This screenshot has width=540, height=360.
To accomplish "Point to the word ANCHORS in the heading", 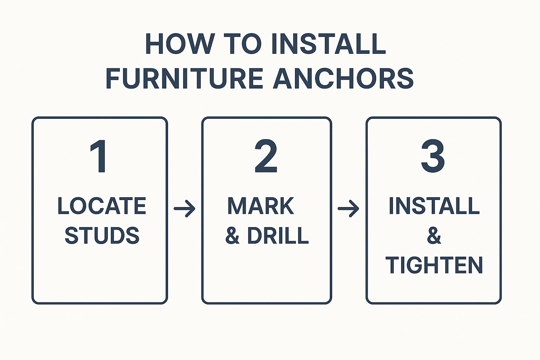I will tap(343, 78).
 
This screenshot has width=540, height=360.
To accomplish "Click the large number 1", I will tap(99, 156).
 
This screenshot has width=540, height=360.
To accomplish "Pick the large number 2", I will tap(266, 156).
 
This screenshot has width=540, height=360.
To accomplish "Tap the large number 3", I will tap(433, 156).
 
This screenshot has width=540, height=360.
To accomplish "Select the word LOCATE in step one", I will tap(102, 206).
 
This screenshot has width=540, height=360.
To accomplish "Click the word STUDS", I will tap(102, 236).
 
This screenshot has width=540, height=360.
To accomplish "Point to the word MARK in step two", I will tap(261, 206).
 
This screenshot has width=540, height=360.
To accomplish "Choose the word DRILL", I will tap(278, 236).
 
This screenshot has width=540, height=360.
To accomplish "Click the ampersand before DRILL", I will tap(232, 236).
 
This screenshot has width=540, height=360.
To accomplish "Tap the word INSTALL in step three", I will tap(434, 206).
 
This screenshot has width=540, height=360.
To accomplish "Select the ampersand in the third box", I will tap(434, 236).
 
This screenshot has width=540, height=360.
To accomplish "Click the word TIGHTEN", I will tap(434, 265).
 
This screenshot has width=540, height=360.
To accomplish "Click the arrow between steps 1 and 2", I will tap(185, 209).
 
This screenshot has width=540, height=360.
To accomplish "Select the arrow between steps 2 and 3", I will tap(348, 209).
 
